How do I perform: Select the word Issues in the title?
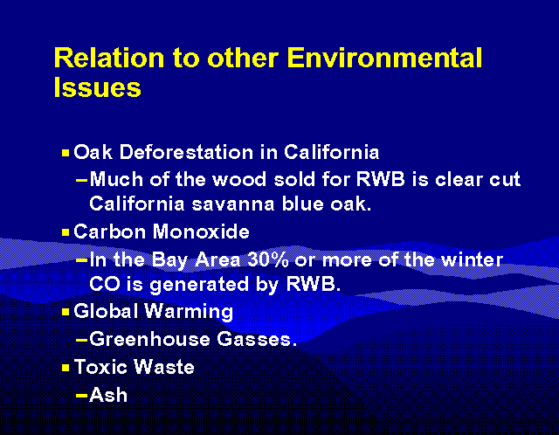tap(97, 87)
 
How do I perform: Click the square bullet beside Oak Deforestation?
tap(66, 153)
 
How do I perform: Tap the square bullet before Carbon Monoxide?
tap(66, 233)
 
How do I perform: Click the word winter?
tap(474, 259)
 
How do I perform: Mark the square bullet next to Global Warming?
tap(66, 312)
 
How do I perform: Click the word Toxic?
tap(100, 367)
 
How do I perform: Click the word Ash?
tap(108, 395)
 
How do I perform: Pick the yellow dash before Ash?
tap(81, 396)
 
